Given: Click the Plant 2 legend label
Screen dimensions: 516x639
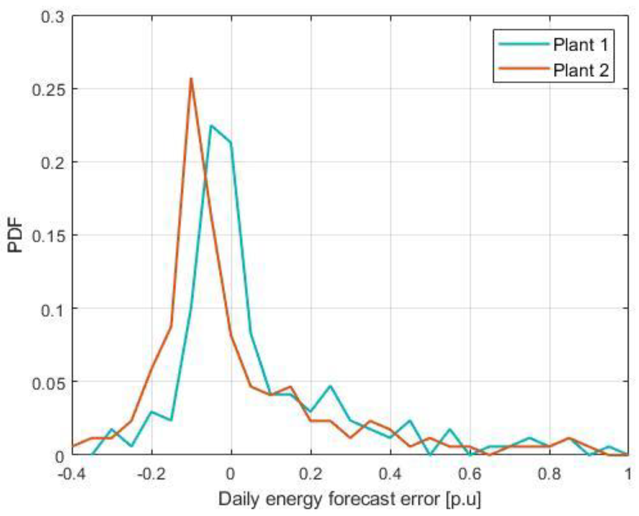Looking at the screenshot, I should point(580,70).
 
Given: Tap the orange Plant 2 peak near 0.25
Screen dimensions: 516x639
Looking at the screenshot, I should point(191,78).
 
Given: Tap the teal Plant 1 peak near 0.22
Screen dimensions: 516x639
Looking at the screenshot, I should point(211,125).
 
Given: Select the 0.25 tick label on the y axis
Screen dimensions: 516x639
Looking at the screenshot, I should point(48,90).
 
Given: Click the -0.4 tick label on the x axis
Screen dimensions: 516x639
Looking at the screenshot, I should point(72,474).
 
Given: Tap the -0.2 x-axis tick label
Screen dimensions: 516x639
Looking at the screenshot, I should point(151,474).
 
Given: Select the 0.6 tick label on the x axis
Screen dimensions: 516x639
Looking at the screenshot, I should point(470,474).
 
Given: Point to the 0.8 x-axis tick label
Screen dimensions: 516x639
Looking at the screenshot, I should point(549,474).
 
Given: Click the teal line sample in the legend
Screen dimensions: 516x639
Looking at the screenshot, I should point(523,44).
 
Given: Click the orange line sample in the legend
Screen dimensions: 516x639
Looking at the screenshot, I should point(523,68).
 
